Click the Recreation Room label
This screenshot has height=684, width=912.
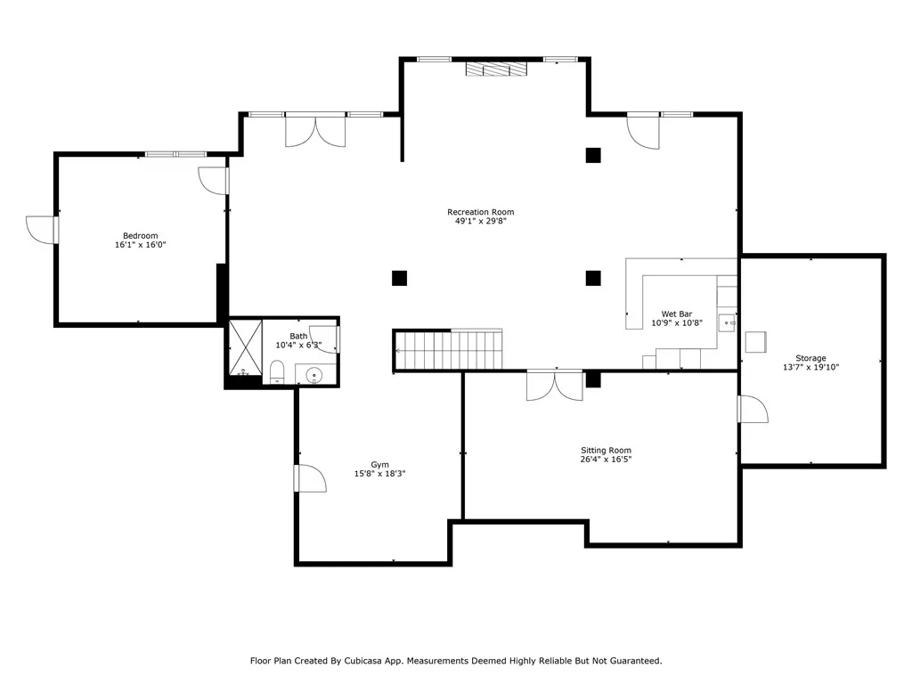480,212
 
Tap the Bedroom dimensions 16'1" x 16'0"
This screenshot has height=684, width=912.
140,245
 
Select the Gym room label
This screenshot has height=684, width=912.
379,465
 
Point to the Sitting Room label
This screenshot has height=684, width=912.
606,450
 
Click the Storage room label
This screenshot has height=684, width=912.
810,358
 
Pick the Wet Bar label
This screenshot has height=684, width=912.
677,314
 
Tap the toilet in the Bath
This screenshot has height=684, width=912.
277,372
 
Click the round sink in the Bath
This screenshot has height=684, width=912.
314,375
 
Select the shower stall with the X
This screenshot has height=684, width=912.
246,347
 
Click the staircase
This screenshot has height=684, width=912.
448,349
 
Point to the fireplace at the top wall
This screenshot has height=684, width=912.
496,69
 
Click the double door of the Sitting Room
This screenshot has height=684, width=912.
554,386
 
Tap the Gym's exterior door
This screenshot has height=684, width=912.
309,478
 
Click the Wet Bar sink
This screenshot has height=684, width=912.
727,322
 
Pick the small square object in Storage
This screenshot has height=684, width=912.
755,342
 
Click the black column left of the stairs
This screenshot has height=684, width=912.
399,278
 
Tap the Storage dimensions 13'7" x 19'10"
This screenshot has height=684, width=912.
810,367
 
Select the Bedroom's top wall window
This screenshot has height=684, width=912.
175,154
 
